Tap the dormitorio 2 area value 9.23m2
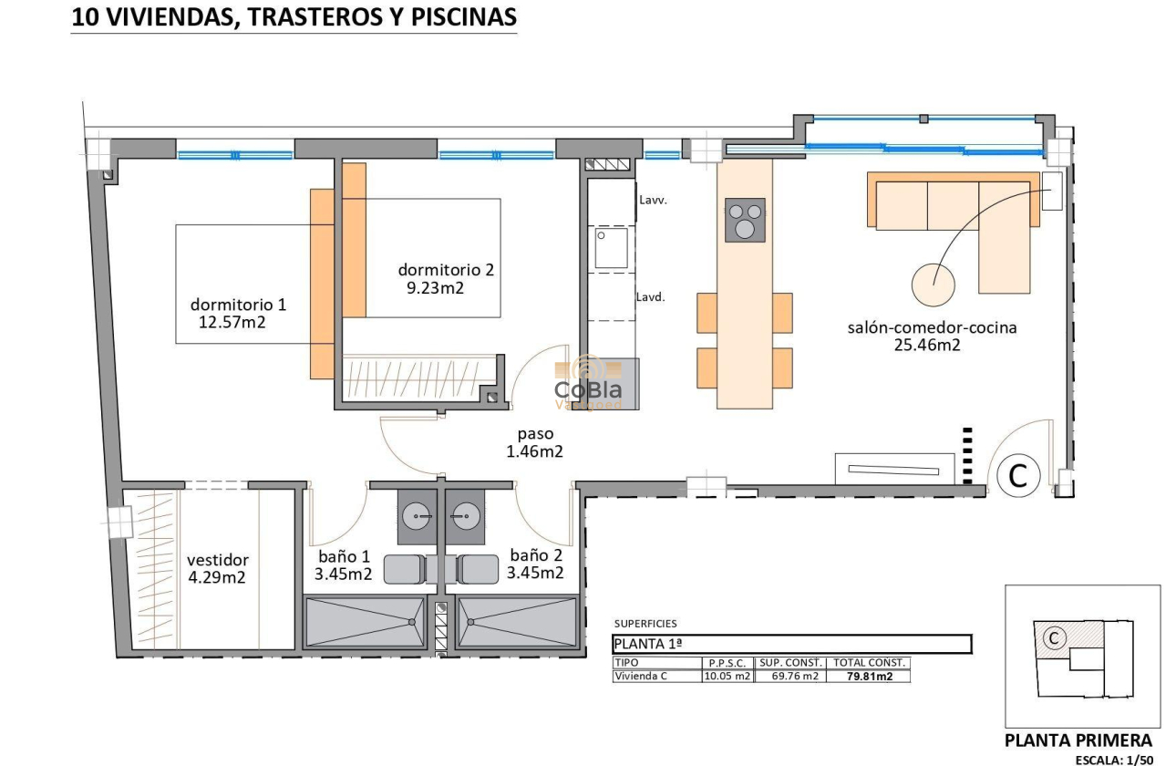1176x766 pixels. point(436,287)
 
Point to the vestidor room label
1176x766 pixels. point(218,560)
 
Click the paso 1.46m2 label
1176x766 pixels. point(534,450)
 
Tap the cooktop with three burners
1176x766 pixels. point(745,220)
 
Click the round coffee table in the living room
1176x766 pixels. point(934,285)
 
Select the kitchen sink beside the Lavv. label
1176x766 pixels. point(612,248)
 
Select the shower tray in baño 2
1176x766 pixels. point(517,622)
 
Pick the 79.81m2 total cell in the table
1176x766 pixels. point(868,677)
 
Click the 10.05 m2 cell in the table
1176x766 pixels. point(727,677)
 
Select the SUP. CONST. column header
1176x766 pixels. point(791,663)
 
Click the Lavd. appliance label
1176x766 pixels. point(650,296)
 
